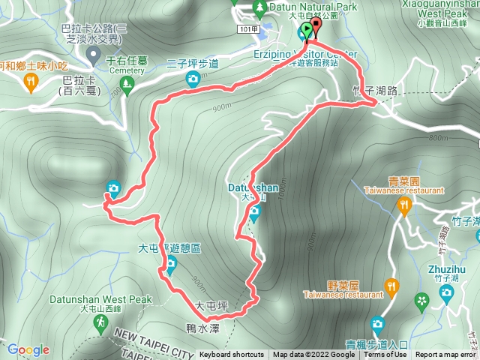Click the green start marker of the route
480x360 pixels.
pos(306,31)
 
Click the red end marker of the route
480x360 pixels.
pos(315,27)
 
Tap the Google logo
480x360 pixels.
pos(28,349)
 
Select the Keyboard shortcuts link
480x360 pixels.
pos(231,355)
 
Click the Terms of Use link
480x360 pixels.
pos(387,355)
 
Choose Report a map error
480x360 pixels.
pos(447,355)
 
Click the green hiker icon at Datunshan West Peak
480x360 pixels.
pos(100,322)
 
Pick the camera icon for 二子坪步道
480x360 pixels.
pos(193,79)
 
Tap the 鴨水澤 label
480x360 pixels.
pos(202,328)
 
